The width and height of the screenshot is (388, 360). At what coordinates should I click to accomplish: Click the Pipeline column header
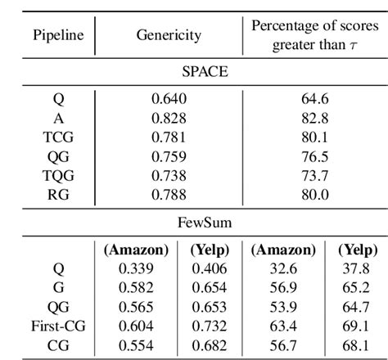(x=51, y=36)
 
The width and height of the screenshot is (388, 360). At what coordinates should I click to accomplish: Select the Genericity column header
(x=168, y=36)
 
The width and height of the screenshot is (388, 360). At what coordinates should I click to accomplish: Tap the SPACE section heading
(x=194, y=72)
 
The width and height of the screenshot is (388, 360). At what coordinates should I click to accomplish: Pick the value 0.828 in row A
(x=168, y=117)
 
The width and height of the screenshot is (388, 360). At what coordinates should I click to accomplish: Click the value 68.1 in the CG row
(x=354, y=345)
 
